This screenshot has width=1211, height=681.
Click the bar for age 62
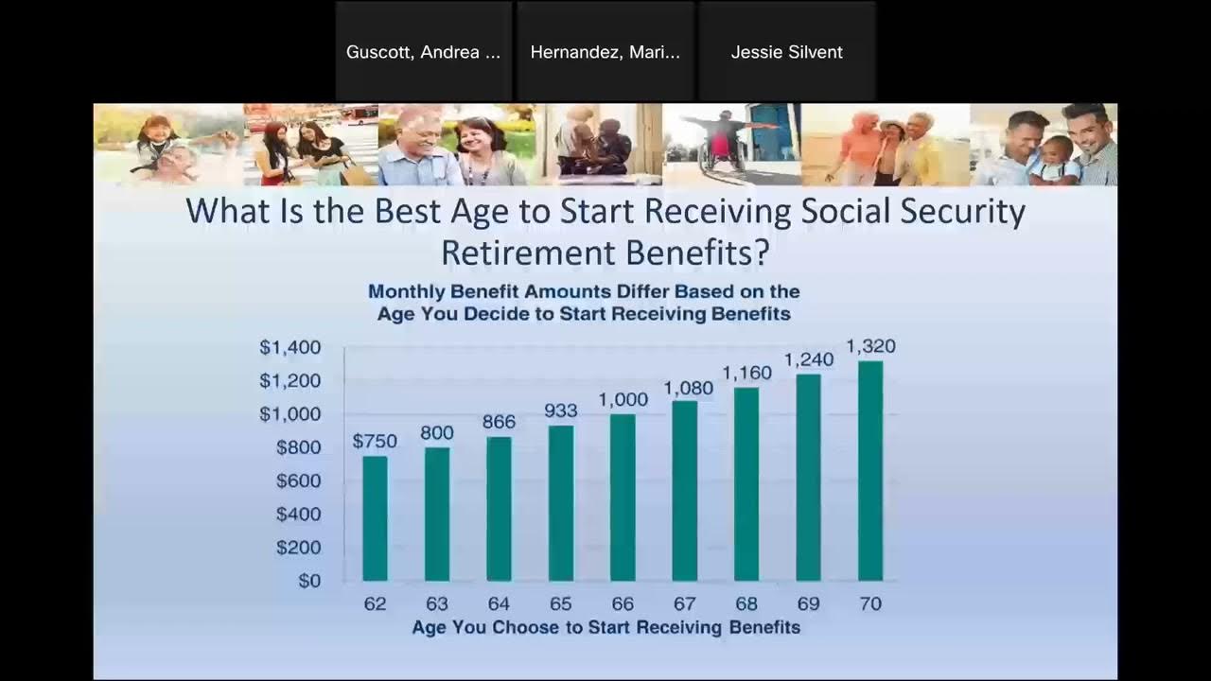(x=375, y=518)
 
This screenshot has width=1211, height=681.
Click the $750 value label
(x=375, y=442)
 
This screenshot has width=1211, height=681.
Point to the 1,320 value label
(x=870, y=346)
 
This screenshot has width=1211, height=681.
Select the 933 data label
(x=561, y=410)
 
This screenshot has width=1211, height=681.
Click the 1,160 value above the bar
(x=746, y=373)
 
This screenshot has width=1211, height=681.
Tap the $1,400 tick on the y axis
(x=290, y=348)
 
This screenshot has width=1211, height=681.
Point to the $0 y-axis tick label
(x=309, y=581)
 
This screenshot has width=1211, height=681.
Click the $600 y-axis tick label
(x=298, y=480)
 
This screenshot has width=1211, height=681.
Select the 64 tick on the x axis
(x=499, y=603)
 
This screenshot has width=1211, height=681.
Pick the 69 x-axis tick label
(x=808, y=603)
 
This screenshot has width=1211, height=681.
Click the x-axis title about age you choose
(x=605, y=627)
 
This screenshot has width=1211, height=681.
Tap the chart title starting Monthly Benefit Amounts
(x=584, y=303)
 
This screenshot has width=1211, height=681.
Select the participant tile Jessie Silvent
(x=786, y=52)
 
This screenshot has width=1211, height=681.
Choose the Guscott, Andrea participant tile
(x=423, y=52)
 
